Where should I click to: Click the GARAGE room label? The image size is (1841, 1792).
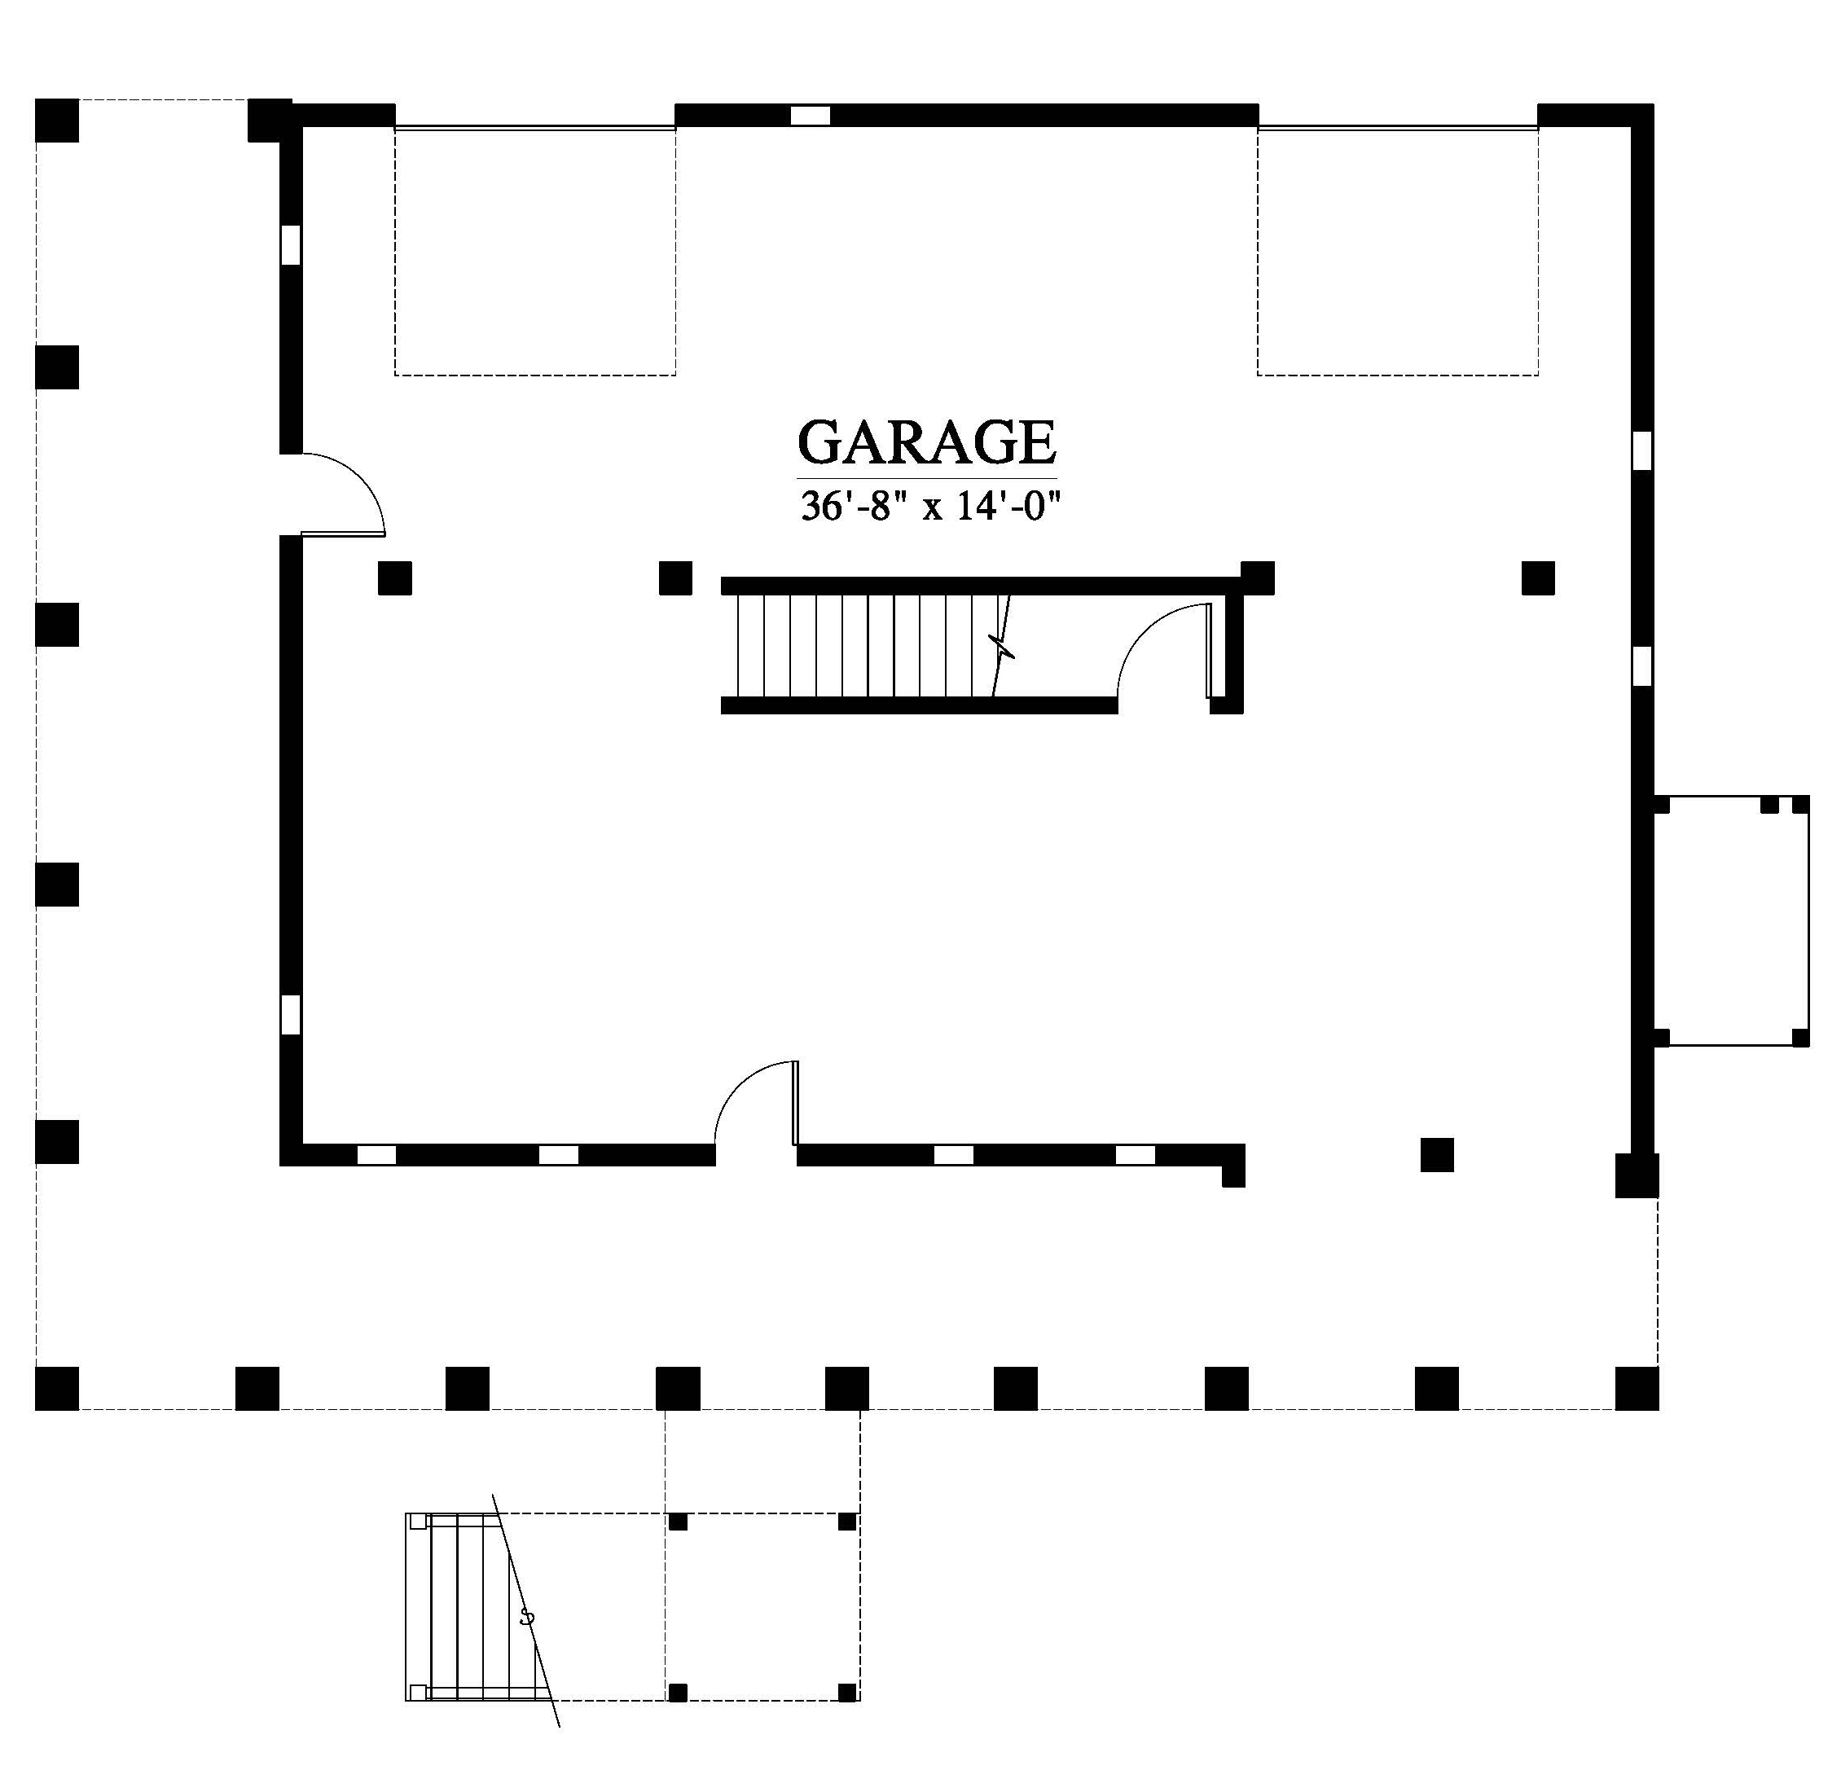[927, 442]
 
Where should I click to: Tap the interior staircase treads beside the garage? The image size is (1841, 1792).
[866, 646]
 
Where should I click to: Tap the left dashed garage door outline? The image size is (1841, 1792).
[534, 252]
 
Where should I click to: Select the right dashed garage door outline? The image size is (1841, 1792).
[1398, 252]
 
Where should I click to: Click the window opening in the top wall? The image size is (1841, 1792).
[810, 116]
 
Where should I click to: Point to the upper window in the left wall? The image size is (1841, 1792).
[291, 244]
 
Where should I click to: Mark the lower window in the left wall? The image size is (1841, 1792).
[291, 1015]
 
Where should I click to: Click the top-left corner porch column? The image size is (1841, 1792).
[56, 121]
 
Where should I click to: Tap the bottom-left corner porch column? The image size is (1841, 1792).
[56, 1389]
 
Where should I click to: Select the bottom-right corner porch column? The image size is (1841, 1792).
[1637, 1389]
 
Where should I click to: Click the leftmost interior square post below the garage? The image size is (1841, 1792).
[395, 578]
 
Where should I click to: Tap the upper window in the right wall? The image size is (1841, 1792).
[1642, 450]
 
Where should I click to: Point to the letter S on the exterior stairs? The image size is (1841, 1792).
[527, 1618]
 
